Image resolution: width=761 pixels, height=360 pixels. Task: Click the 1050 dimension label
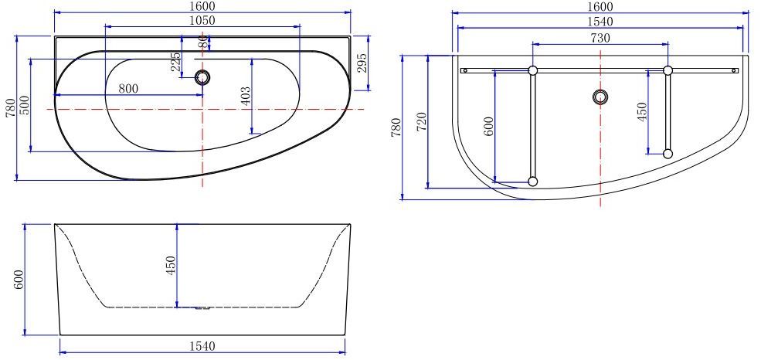[x=202, y=20]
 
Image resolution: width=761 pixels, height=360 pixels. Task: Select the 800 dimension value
[x=128, y=89]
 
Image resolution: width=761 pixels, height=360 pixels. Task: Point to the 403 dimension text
[x=246, y=97]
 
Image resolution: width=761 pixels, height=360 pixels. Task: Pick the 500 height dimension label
[x=25, y=105]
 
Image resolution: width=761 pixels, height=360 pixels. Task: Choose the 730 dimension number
[x=600, y=38]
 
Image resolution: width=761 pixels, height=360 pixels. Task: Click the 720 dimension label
[x=421, y=122]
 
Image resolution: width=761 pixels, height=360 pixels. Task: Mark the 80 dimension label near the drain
[x=202, y=42]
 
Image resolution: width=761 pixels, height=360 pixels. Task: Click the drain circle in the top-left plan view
[x=203, y=76]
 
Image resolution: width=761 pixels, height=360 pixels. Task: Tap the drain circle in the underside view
[x=600, y=97]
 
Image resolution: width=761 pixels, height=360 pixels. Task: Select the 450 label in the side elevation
[x=172, y=266]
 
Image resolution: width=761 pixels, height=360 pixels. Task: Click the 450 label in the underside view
[x=641, y=113]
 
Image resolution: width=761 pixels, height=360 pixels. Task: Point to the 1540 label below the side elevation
[x=202, y=346]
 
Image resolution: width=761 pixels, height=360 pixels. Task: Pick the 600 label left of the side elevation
[x=20, y=279]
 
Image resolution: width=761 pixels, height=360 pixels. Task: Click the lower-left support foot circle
[x=532, y=182]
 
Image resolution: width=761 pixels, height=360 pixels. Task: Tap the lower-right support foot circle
[x=668, y=154]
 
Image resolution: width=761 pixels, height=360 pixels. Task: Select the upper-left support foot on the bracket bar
[x=532, y=70]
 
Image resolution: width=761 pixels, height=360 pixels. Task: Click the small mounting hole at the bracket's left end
[x=464, y=70]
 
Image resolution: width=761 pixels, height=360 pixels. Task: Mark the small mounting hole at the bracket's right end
[x=735, y=70]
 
